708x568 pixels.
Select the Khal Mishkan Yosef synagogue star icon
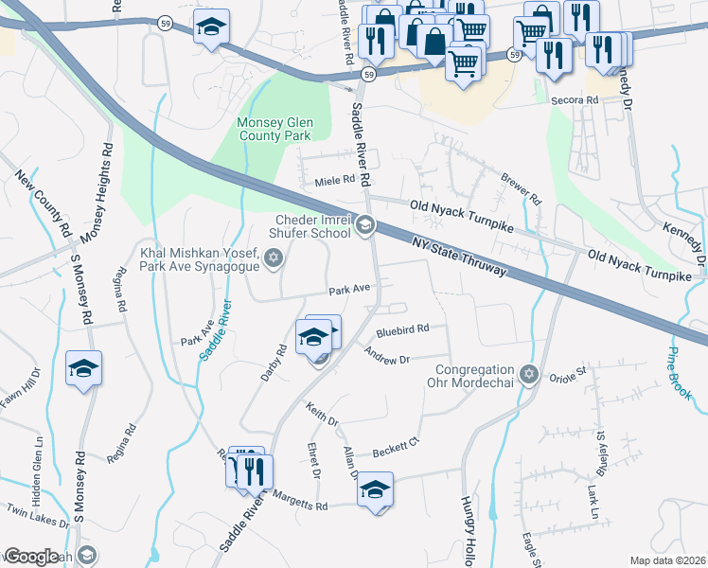[274, 258]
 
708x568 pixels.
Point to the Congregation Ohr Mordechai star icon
[529, 375]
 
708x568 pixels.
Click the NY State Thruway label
[459, 256]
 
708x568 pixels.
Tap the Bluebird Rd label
[402, 329]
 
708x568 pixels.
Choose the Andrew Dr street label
[387, 359]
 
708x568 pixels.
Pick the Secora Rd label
[579, 99]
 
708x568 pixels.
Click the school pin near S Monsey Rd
[83, 368]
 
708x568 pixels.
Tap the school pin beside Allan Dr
[376, 489]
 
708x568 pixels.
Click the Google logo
[30, 557]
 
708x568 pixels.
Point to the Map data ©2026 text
[667, 560]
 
